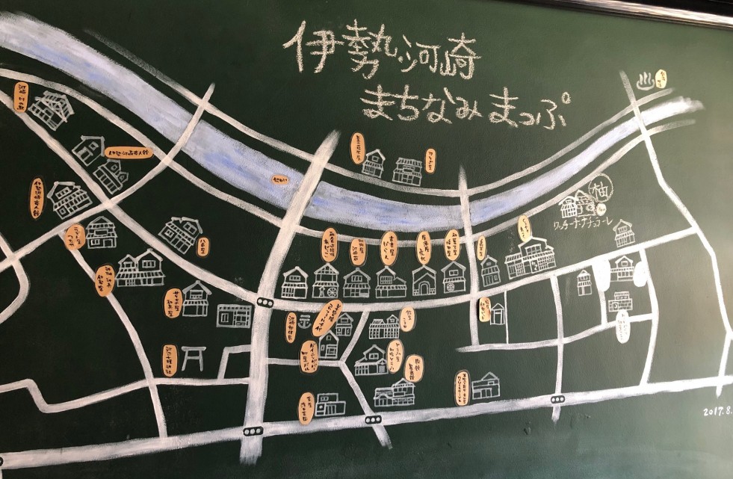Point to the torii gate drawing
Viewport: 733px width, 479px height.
[x=193, y=359]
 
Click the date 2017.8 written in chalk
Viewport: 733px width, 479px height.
[x=717, y=410]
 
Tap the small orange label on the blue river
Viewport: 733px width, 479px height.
[x=279, y=179]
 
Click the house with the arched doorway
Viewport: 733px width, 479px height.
[x=424, y=281]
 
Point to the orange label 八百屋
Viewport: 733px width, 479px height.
[x=202, y=246]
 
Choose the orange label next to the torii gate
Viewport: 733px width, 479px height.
[x=170, y=359]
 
